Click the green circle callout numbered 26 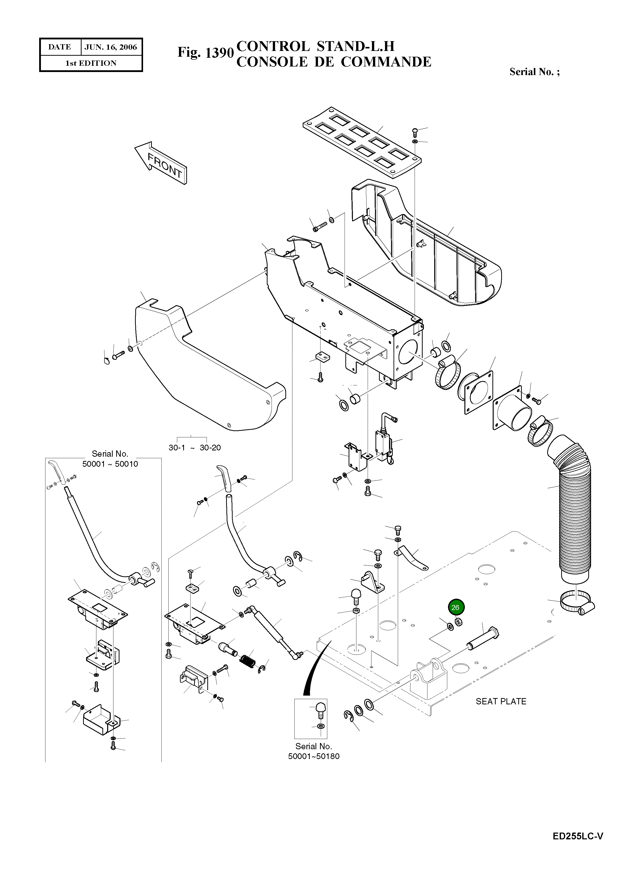pos(456,608)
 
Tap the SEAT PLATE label pos(500,701)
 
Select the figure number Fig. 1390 pos(205,52)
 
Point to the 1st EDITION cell pos(91,63)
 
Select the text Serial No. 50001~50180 pos(313,751)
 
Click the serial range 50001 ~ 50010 pos(110,464)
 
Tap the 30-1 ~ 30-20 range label pos(195,448)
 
